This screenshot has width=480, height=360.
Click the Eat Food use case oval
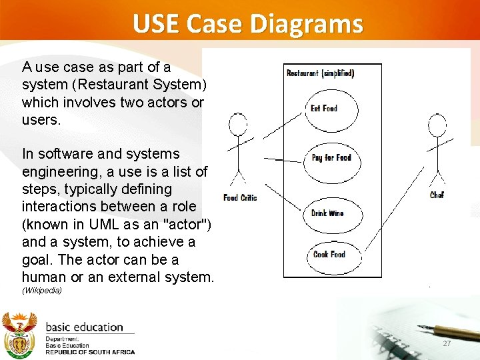point(324,109)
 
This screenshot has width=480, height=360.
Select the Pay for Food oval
point(331,158)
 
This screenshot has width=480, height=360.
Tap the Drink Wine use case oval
point(327,214)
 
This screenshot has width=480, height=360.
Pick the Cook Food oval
point(329,254)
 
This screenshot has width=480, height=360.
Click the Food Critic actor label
point(240,198)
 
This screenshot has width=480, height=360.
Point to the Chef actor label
point(437,195)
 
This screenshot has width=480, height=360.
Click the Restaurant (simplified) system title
point(320,73)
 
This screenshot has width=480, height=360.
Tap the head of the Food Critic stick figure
point(238,123)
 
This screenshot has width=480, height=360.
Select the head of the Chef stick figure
point(437,123)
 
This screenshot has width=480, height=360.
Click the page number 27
point(447,343)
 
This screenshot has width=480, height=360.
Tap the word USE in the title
point(156,24)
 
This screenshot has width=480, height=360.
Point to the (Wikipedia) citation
point(41,291)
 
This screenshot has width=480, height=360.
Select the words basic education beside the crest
point(84,327)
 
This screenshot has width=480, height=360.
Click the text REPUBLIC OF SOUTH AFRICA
point(90,352)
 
